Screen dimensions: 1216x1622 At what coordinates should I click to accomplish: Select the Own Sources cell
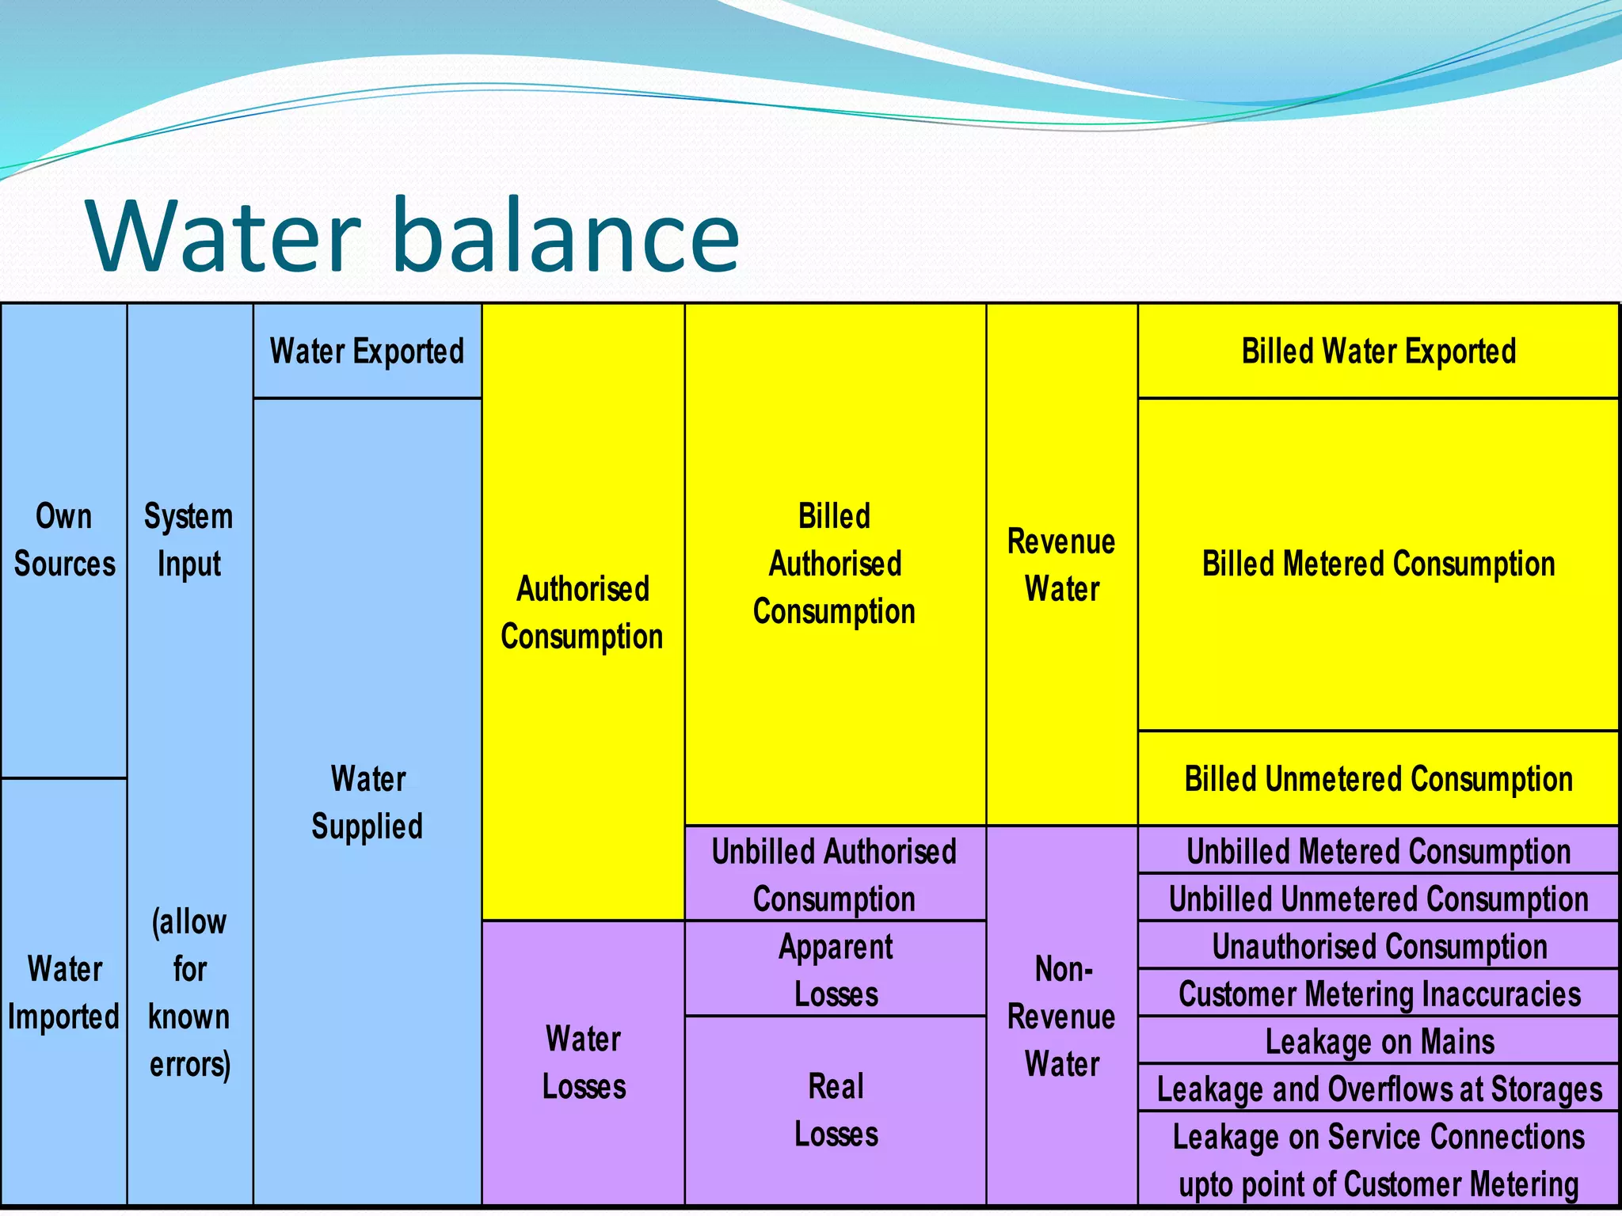(64, 540)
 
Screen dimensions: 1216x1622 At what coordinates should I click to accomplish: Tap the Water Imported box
(64, 993)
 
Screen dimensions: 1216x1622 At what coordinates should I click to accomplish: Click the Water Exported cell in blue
(367, 351)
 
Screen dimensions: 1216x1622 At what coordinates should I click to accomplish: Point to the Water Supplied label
(367, 802)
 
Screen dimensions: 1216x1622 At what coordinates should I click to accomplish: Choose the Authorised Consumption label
(582, 612)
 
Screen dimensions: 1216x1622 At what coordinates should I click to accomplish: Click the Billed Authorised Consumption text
(835, 564)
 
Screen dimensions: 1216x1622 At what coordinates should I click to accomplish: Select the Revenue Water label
(1061, 564)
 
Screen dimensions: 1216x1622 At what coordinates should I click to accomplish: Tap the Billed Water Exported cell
(1378, 351)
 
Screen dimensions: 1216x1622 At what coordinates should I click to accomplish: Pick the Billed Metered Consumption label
(1378, 564)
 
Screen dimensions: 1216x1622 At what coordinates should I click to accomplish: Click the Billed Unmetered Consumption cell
(1378, 779)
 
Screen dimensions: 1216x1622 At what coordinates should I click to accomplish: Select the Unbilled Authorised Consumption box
(835, 875)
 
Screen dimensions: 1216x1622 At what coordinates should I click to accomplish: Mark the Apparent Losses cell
(836, 970)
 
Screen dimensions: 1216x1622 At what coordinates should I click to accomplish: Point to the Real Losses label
(836, 1110)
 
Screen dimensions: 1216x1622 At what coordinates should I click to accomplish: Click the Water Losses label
(584, 1062)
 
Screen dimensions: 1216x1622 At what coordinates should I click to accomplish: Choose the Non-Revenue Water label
(1061, 1016)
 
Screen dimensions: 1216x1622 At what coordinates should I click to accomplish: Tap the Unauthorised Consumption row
(1378, 947)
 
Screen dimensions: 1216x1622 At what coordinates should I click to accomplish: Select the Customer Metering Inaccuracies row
(1378, 994)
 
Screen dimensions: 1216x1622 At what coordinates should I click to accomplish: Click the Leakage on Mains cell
(1378, 1042)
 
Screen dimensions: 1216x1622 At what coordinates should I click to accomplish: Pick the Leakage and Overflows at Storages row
(1378, 1089)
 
